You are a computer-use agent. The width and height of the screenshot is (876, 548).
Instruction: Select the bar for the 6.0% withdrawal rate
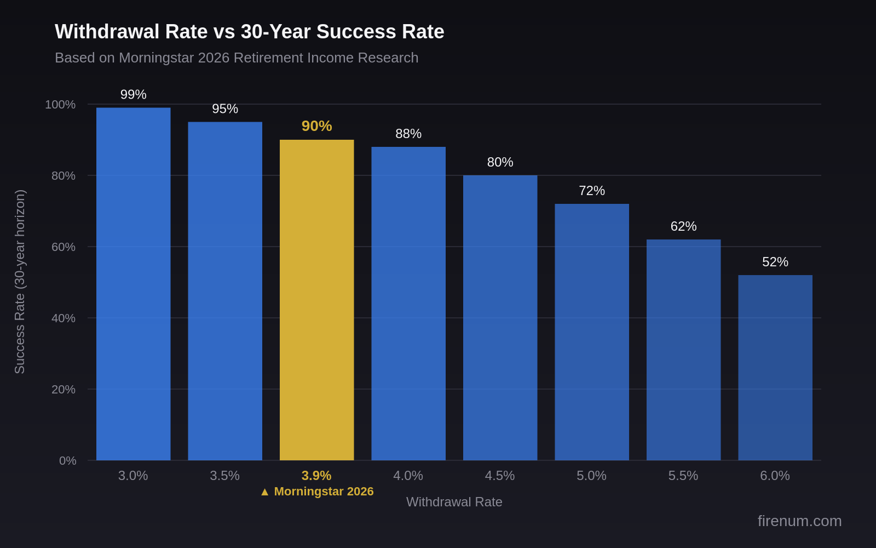pos(775,367)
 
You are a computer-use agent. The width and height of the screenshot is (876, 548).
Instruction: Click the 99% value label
pos(133,95)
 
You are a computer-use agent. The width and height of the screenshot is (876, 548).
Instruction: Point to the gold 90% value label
pos(316,126)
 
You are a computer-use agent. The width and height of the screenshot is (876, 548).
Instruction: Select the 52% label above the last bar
pos(775,262)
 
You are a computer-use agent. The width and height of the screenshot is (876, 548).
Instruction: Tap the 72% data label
pos(591,191)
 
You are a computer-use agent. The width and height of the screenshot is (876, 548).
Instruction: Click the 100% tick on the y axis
pos(60,105)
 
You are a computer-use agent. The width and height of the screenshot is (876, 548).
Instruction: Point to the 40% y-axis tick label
pos(63,318)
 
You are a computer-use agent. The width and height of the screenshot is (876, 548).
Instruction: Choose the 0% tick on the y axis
pos(67,461)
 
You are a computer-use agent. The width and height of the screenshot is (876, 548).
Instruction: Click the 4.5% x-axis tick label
pos(499,476)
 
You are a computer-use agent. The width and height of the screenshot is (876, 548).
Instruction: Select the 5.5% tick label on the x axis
pos(683,476)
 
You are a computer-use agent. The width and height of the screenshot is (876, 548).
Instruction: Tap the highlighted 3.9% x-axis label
pos(316,476)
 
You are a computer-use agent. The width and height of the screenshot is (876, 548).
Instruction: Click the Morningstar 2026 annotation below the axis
pos(323,492)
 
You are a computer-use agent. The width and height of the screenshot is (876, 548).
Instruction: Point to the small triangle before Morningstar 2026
pos(265,492)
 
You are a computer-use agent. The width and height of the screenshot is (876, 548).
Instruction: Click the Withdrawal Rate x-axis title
pos(454,502)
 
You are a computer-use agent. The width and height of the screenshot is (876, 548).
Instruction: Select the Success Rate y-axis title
pos(20,282)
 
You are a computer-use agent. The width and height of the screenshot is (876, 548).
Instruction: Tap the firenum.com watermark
pos(799,521)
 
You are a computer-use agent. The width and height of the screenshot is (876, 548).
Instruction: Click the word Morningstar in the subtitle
pos(156,58)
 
